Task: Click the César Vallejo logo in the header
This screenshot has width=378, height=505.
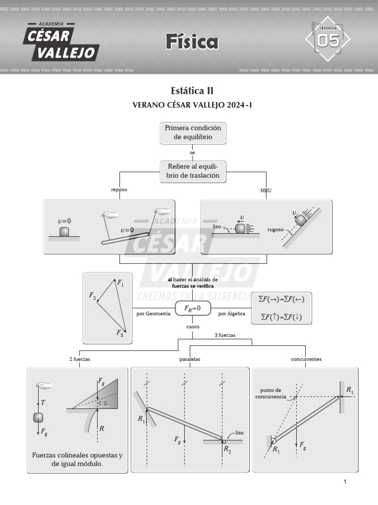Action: point(62,42)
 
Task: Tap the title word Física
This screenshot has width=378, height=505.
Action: point(191,42)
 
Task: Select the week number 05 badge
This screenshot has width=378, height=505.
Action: point(328,41)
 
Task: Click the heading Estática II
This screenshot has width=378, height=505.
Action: point(192,90)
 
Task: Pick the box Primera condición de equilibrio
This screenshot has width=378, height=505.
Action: point(193,133)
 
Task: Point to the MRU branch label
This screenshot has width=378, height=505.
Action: point(266,190)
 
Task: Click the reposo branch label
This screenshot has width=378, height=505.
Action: point(120,190)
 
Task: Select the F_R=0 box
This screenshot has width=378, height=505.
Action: point(192,308)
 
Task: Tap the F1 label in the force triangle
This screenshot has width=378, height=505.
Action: point(121,283)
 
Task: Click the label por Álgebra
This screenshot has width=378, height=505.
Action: point(232,313)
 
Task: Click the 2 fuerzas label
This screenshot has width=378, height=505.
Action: point(79,359)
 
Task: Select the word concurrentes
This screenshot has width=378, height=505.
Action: point(306,359)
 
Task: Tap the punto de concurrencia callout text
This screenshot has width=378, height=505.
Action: point(270,394)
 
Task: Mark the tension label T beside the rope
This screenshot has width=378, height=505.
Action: point(43,402)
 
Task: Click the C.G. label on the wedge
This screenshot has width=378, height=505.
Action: point(103,403)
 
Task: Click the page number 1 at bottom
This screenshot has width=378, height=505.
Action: point(345,482)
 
